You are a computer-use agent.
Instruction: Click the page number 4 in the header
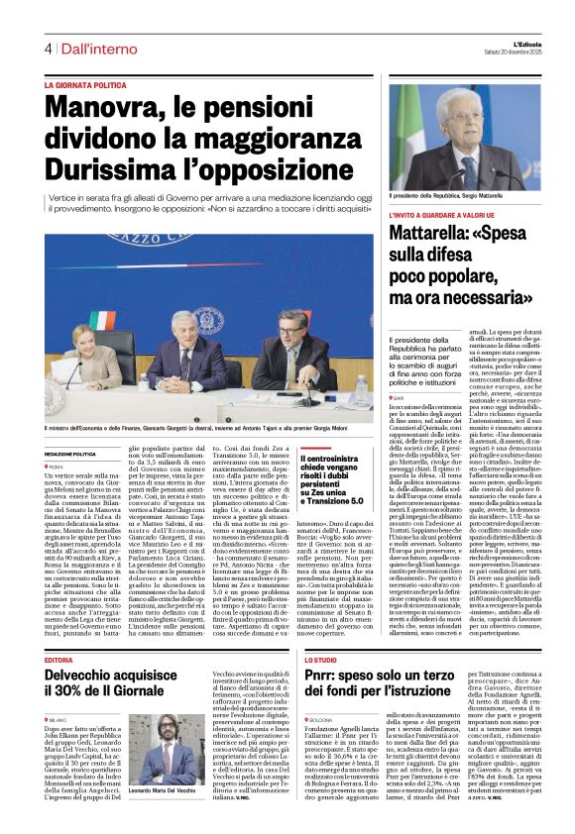(47, 49)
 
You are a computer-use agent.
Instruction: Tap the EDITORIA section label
(58, 659)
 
